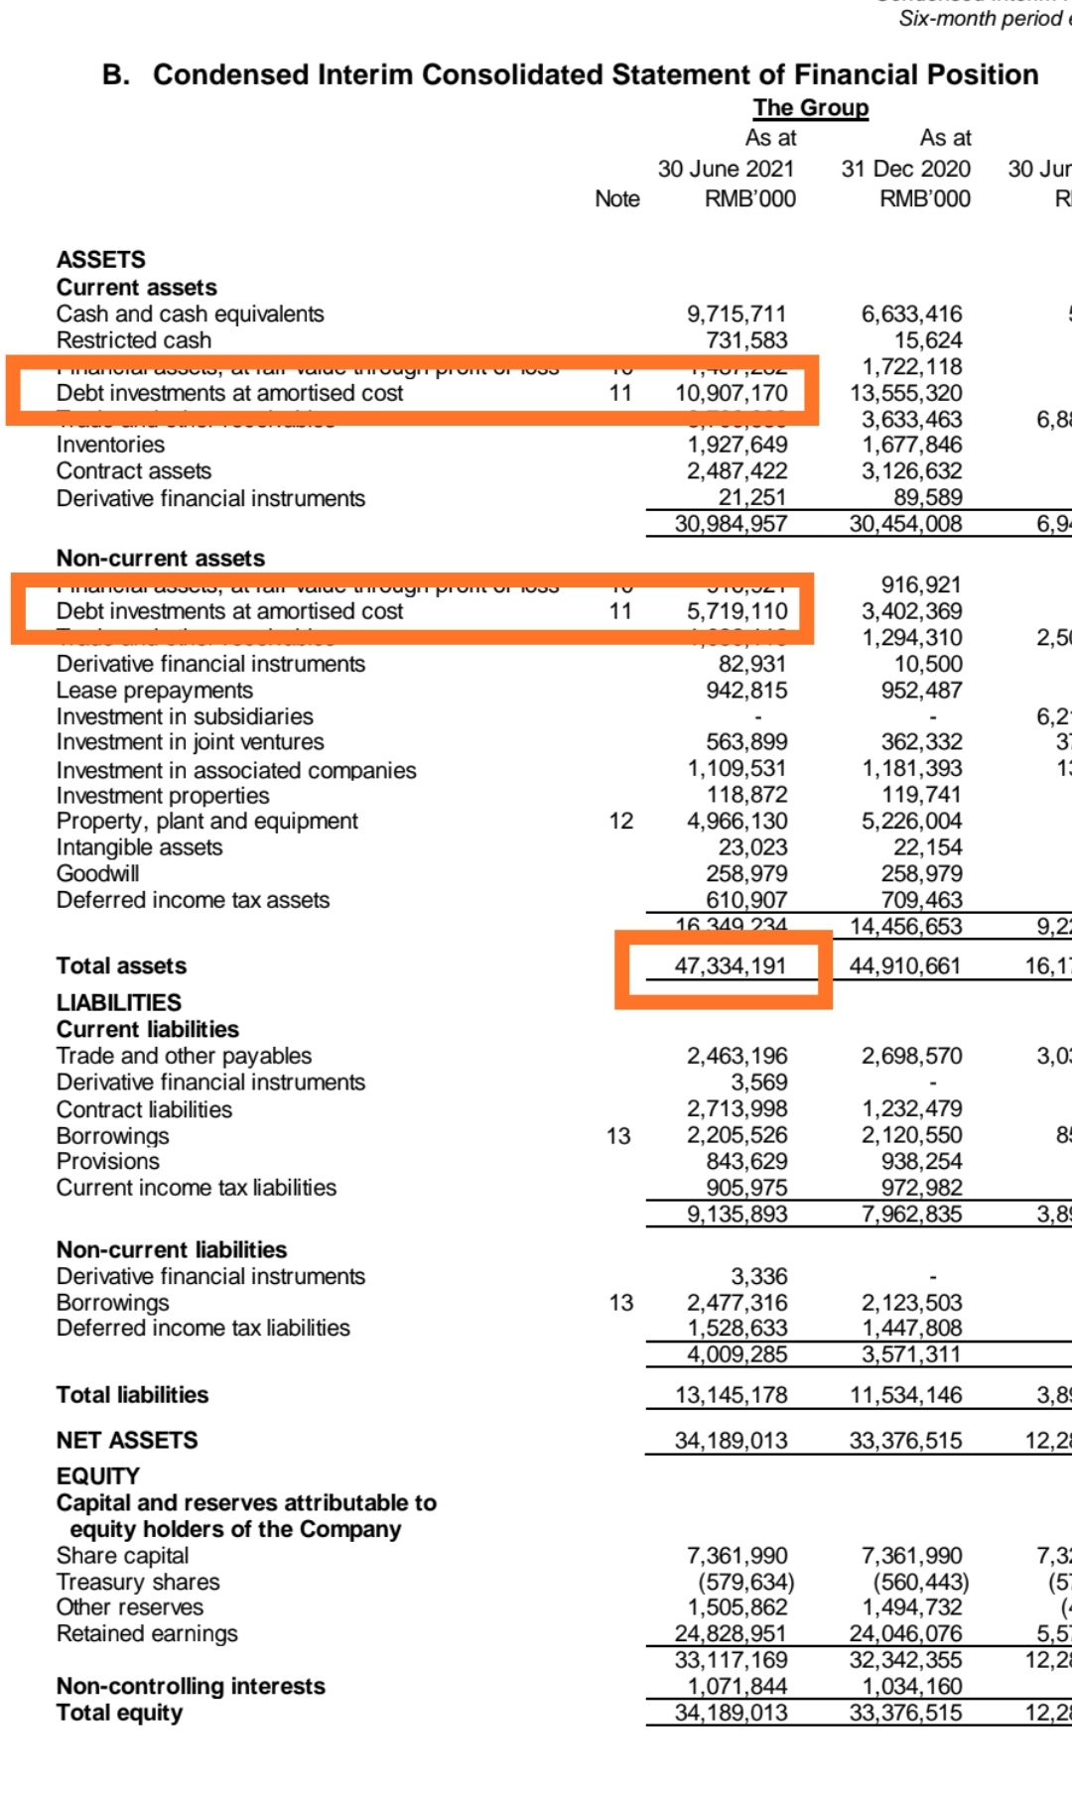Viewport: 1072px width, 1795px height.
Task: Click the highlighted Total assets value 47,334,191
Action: point(731,965)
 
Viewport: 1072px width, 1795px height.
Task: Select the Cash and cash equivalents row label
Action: point(190,315)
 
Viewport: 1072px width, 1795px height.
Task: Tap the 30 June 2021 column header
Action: point(726,169)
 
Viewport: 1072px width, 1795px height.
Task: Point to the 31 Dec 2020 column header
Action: point(905,169)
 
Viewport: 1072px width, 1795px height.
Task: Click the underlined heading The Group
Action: point(810,108)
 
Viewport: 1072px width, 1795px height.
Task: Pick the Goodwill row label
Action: point(97,873)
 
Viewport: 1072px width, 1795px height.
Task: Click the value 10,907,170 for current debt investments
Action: point(732,393)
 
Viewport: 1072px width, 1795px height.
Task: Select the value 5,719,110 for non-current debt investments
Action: point(737,611)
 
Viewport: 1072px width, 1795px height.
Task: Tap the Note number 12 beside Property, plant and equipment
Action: point(620,821)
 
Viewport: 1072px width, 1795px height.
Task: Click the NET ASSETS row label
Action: point(127,1440)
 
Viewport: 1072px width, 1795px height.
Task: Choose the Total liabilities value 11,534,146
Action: point(905,1395)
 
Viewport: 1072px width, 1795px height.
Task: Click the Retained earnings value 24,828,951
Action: point(731,1633)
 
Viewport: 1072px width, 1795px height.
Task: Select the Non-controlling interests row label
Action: point(191,1686)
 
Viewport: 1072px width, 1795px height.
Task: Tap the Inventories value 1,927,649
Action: point(737,445)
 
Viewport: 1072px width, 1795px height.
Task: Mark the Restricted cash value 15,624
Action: point(927,340)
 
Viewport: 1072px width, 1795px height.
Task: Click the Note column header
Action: point(617,198)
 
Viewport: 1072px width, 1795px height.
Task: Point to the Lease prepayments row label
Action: point(155,690)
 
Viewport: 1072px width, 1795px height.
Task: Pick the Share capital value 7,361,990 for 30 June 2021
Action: point(737,1556)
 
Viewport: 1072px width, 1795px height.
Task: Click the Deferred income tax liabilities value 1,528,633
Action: point(737,1328)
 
